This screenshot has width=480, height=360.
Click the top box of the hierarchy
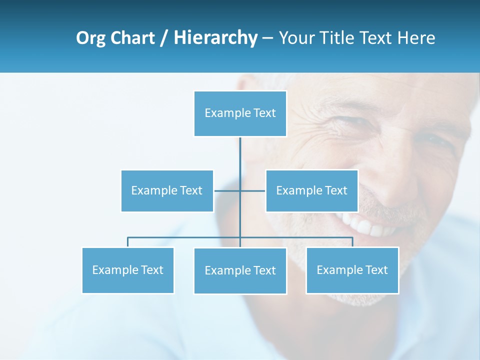coord(240,113)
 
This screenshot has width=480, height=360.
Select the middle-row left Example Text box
coord(167,190)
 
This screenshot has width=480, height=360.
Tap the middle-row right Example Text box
coord(311,190)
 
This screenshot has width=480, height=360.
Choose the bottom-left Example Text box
coord(128,270)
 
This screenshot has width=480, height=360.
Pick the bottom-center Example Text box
coord(240,270)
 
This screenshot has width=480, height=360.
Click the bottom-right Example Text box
coord(352,270)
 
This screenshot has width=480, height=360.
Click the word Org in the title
coord(90,38)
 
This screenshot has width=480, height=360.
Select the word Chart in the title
coord(132,38)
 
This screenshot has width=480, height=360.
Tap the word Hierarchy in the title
coord(215,38)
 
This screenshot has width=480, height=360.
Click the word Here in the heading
coord(416,38)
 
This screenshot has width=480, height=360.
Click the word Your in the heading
coord(296,38)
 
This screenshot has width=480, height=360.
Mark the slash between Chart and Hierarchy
coord(164,38)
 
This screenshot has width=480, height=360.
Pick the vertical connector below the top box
coord(240,155)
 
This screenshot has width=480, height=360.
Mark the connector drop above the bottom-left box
coord(128,242)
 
